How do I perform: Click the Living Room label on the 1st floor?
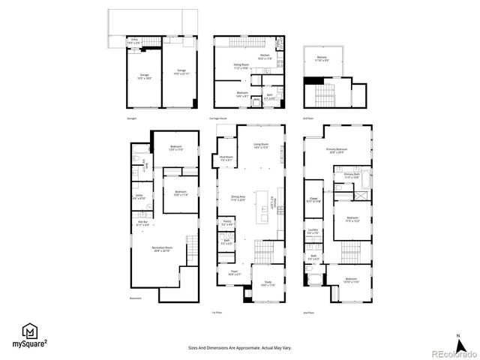(x=261, y=145)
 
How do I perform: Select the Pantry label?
(x=226, y=223)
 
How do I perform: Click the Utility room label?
(x=139, y=197)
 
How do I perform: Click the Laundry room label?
(x=313, y=232)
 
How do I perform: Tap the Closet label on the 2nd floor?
(x=313, y=200)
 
